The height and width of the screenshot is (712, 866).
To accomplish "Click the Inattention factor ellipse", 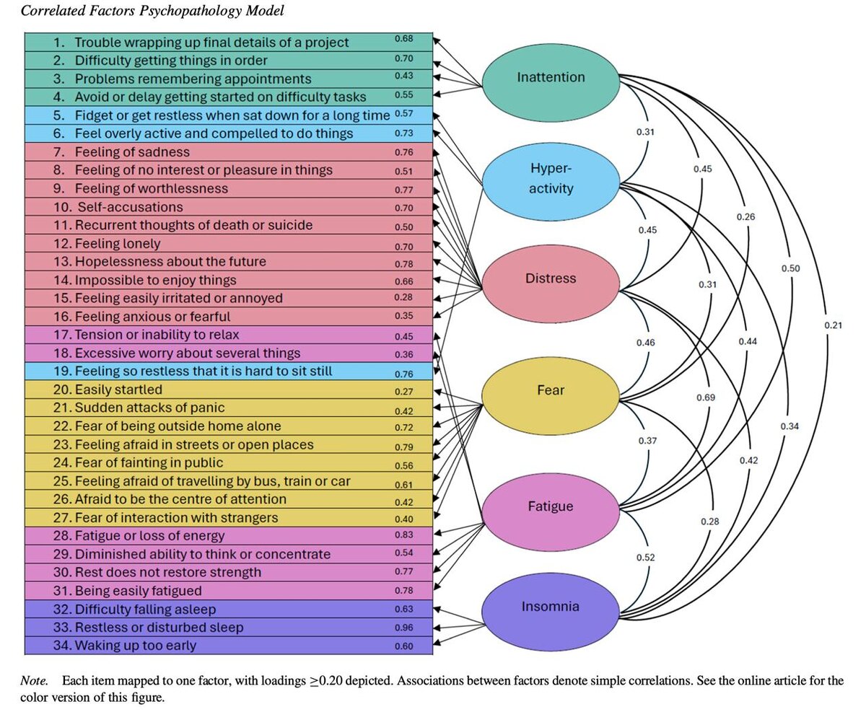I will click(x=551, y=77).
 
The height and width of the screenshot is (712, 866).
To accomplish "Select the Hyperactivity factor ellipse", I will click(x=551, y=178).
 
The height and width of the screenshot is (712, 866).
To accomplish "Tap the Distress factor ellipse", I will click(x=551, y=278).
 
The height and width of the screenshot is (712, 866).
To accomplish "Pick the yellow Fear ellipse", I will click(x=551, y=390).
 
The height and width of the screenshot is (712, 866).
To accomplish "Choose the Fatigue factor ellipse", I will click(x=551, y=506).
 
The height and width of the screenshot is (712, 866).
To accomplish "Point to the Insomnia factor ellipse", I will click(x=551, y=606).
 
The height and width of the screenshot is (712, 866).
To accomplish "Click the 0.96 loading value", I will click(x=404, y=628).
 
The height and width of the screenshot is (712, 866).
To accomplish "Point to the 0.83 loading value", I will click(x=404, y=535).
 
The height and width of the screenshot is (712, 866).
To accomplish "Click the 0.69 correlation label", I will click(x=706, y=397).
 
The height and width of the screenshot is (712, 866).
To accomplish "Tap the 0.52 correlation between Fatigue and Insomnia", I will click(x=646, y=558).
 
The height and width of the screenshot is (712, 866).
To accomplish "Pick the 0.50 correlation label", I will click(x=790, y=268).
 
